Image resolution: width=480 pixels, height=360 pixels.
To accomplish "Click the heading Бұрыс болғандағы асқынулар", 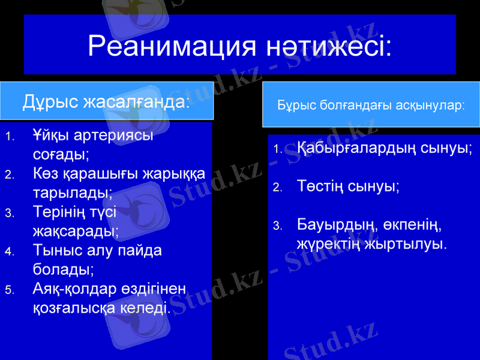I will [x=371, y=105].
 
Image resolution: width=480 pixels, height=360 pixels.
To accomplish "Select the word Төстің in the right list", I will [x=320, y=186].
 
